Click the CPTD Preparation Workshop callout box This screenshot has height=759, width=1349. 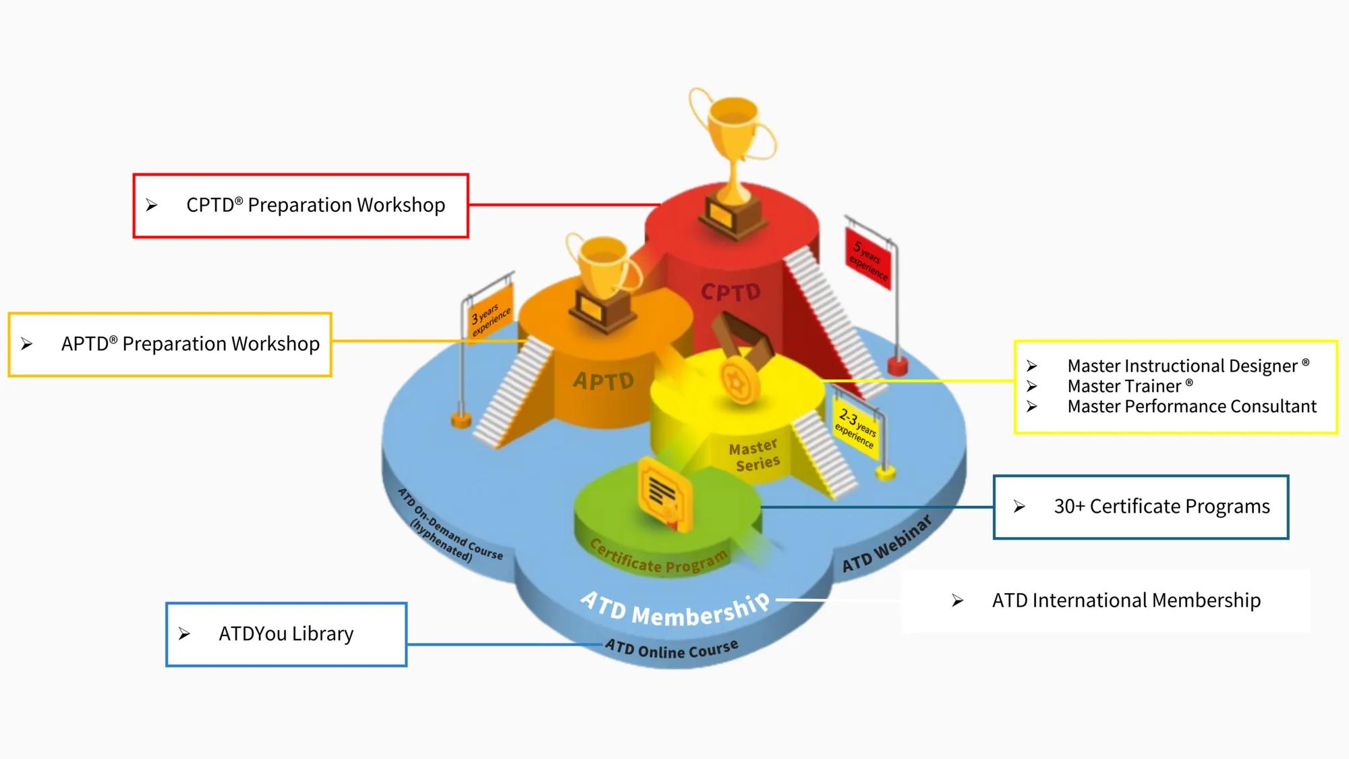coord(301,206)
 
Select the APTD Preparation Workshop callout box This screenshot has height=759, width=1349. coord(170,344)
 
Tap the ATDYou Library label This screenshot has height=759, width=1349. coord(286,634)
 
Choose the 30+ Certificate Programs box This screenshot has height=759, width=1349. coord(1141,507)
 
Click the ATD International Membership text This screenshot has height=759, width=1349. coord(1126,600)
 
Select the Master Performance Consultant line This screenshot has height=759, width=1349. coord(1191,406)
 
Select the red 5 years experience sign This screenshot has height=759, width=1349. coord(868,259)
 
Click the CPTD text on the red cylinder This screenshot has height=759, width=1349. coord(730,292)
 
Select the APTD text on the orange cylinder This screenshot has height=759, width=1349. coord(604,381)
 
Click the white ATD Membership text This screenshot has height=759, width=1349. coord(674,609)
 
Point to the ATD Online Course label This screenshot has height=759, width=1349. coord(671,649)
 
